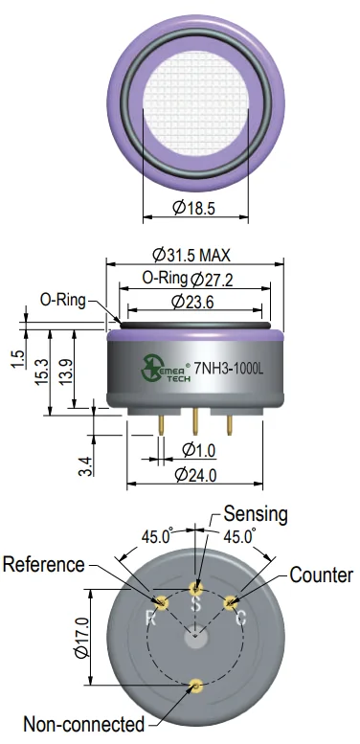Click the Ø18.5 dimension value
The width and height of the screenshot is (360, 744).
point(193,208)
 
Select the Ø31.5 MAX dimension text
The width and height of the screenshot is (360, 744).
point(191,255)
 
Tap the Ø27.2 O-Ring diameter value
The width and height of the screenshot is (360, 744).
point(212,280)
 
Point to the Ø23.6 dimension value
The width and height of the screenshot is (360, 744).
point(192,302)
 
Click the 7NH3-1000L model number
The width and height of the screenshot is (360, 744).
point(229,369)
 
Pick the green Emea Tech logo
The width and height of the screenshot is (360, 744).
point(166,369)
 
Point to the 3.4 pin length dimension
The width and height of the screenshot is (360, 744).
point(85,466)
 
